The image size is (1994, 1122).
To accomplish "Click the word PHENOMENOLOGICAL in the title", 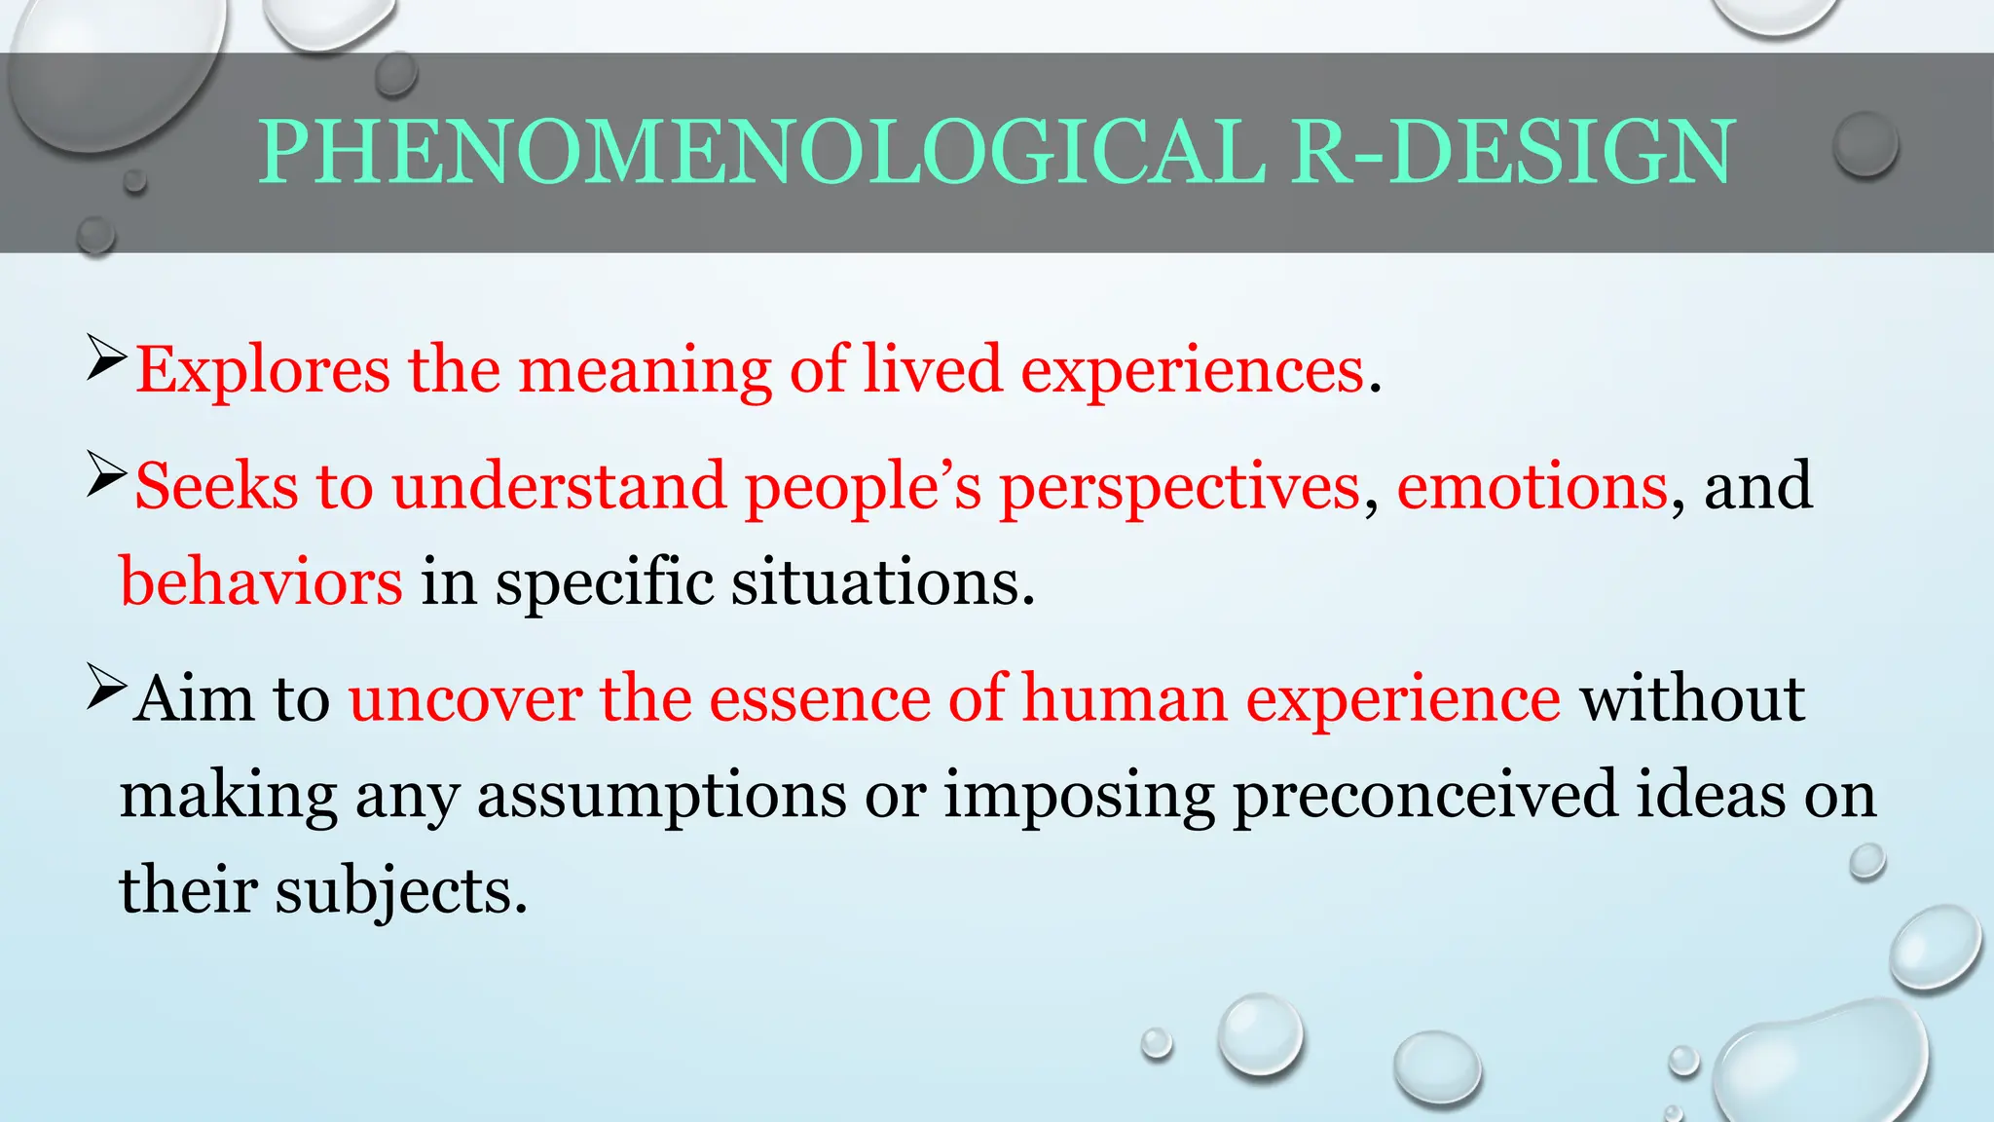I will tap(762, 152).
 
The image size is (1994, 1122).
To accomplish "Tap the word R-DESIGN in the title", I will tap(1514, 152).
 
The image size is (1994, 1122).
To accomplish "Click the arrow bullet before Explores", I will tap(106, 357).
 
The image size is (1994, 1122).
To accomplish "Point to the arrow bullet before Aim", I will tap(106, 687).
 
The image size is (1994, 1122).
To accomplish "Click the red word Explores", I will tap(263, 371).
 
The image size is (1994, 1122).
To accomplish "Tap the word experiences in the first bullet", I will tap(1193, 371).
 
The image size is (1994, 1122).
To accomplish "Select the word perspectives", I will tap(1180, 487).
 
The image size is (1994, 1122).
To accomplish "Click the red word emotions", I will tap(1532, 486).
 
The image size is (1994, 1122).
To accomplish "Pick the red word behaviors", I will tap(261, 582).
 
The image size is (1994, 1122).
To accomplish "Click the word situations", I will tap(882, 582).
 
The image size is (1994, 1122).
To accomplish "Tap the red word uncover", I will tap(465, 699).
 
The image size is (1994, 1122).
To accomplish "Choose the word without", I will tap(1692, 699).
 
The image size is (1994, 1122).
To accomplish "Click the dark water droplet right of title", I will tap(1865, 144).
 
